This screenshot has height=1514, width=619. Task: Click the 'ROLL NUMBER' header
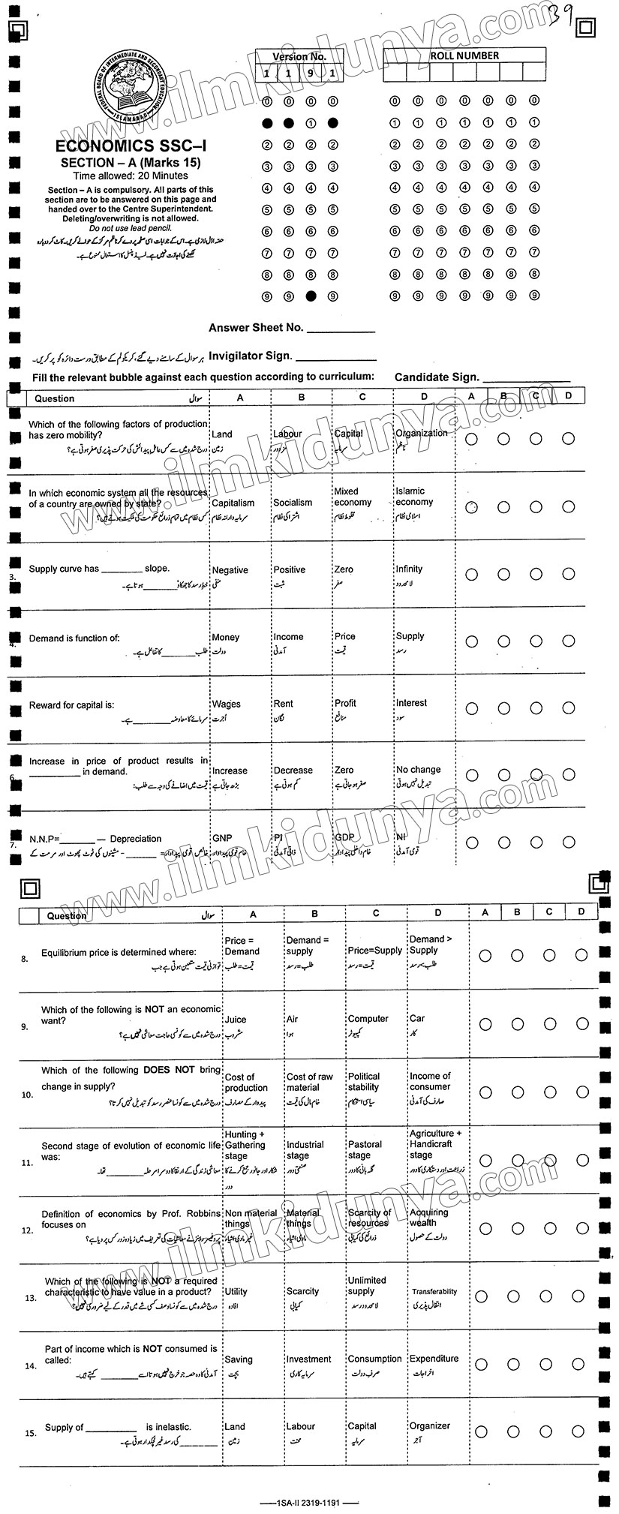click(464, 56)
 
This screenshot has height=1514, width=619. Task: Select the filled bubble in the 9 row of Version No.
click(311, 296)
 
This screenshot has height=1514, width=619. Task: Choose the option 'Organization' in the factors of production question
click(421, 433)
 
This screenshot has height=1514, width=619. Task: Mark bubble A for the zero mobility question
click(472, 438)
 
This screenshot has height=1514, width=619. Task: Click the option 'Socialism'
click(293, 503)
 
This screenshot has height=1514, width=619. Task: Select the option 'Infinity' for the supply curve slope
click(409, 569)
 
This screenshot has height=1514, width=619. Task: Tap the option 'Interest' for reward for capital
click(411, 703)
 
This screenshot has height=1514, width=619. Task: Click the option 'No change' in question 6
click(418, 769)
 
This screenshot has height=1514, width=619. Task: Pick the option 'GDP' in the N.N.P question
click(344, 838)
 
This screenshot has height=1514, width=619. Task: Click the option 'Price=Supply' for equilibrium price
click(374, 951)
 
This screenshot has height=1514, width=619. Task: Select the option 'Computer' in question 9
click(368, 1019)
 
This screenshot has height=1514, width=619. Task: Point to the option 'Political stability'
click(364, 1081)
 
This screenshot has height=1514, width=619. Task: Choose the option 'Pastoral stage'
click(365, 1149)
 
